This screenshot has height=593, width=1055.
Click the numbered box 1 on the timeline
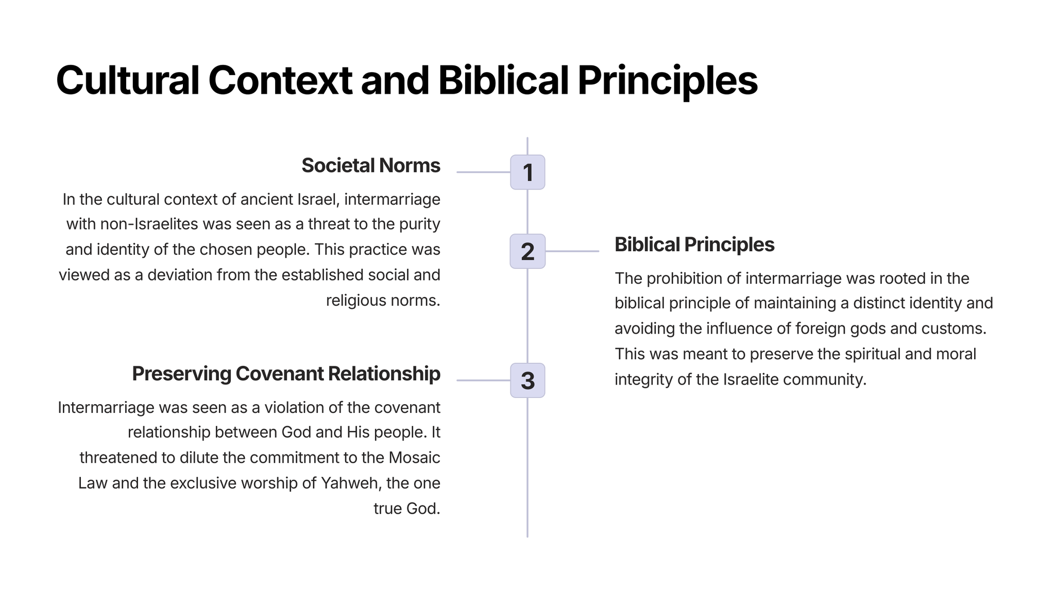click(527, 172)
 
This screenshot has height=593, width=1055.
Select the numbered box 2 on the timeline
click(527, 251)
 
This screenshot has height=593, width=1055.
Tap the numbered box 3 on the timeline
click(527, 380)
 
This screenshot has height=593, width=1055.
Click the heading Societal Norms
click(371, 165)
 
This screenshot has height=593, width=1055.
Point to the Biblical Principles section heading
click(694, 245)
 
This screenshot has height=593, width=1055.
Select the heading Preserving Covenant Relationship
click(286, 374)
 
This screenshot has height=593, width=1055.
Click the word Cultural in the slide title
click(127, 80)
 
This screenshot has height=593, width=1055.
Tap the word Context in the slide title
click(280, 80)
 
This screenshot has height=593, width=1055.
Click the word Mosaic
click(414, 458)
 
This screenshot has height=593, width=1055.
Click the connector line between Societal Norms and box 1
click(483, 172)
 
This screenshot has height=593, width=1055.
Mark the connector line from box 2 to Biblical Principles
click(572, 251)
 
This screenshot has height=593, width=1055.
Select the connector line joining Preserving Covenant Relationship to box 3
click(483, 380)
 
